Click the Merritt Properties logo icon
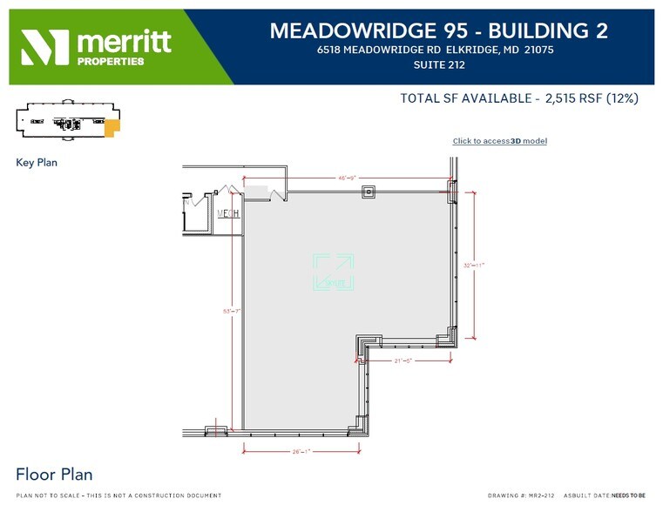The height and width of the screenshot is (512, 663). point(45,47)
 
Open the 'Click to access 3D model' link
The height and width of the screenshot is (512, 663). point(499,141)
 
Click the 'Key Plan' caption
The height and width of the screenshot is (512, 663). point(37,162)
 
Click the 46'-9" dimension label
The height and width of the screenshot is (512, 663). point(346,178)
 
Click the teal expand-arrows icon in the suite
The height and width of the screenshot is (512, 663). point(333,272)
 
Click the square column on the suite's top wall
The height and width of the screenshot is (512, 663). point(369,191)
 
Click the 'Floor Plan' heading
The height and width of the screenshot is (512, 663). point(54,475)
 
